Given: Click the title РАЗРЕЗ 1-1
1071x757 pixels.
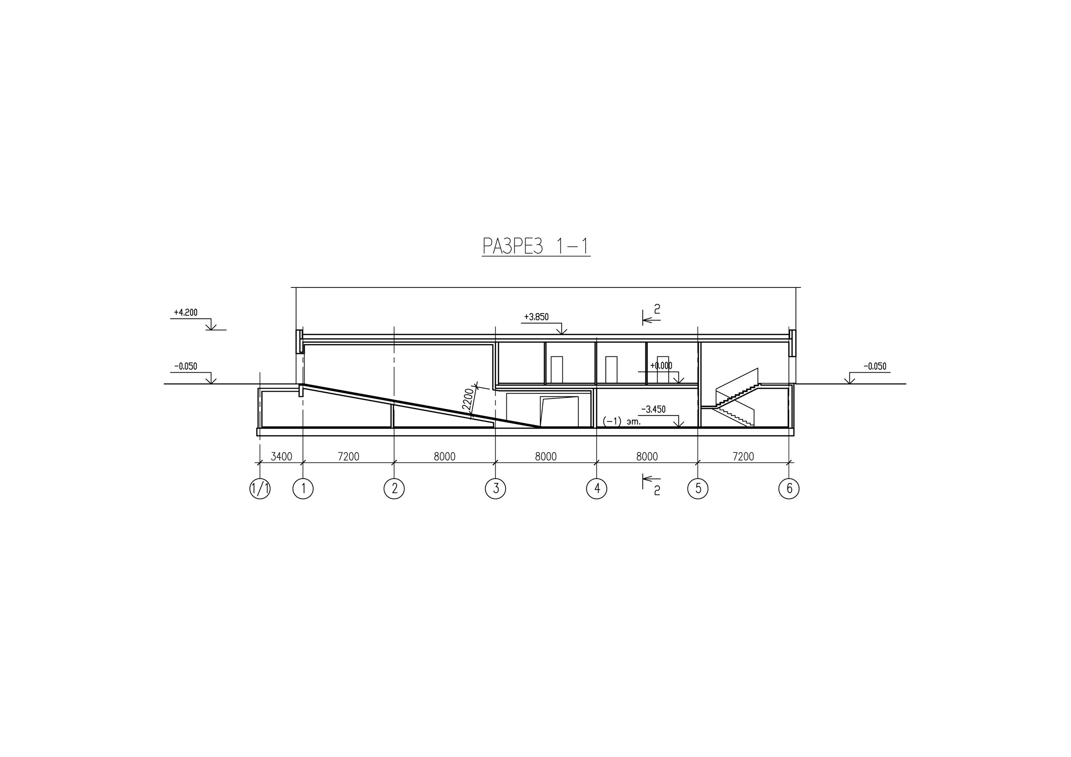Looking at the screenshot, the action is [x=536, y=246].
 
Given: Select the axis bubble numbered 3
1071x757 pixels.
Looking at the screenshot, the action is [x=495, y=489].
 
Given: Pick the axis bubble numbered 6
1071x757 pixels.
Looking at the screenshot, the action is [x=789, y=489].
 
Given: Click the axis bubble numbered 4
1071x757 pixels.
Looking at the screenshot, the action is [x=597, y=489].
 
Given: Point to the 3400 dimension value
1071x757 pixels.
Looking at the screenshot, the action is [x=281, y=456].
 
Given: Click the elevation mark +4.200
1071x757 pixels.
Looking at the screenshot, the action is [x=185, y=312].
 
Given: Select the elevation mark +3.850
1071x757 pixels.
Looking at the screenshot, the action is [x=536, y=317].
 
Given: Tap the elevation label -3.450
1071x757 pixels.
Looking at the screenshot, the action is [x=653, y=410].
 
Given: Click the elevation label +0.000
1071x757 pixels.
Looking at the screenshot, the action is [x=661, y=366].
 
